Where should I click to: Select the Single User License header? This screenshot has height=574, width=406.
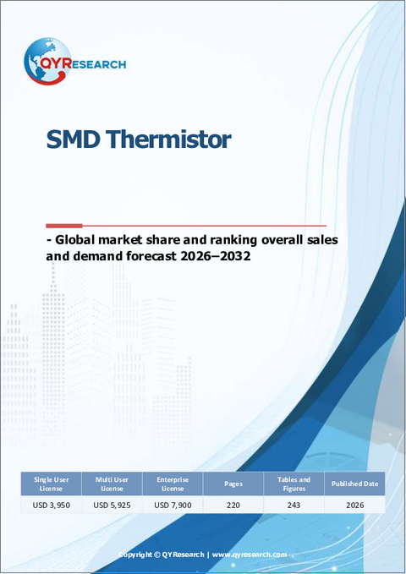50,484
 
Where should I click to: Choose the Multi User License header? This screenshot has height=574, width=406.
112,484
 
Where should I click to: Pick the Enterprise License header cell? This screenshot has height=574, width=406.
173,484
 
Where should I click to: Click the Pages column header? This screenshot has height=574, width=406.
233,484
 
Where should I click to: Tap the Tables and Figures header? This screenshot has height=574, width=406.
294,484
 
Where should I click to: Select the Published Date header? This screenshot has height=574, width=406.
355,484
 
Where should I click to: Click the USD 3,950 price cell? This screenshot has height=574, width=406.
50,506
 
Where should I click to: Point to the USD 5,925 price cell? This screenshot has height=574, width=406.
112,506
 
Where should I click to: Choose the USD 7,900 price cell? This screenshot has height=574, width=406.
173,506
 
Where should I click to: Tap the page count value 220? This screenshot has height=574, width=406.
233,506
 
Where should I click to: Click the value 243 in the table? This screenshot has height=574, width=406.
294,506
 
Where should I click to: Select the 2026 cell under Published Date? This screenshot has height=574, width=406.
355,506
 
